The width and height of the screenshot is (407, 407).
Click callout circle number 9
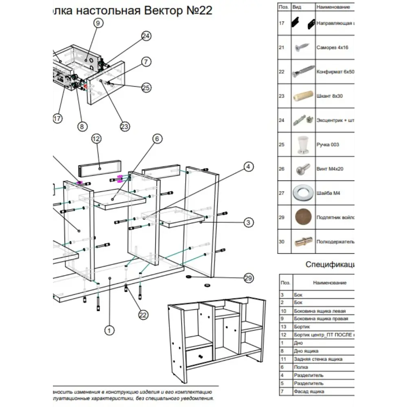[x=97, y=23]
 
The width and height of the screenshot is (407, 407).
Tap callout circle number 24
[x=146, y=36]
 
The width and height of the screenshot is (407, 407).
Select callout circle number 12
[x=96, y=139]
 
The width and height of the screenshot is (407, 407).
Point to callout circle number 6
[x=158, y=139]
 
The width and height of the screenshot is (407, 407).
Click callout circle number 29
[x=248, y=278]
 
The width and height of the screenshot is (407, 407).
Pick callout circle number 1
[x=109, y=331]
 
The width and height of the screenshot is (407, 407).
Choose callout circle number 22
[x=143, y=315]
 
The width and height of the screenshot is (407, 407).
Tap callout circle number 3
[x=248, y=223]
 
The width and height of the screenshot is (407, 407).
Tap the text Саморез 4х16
[x=332, y=48]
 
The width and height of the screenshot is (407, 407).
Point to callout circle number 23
[x=125, y=127]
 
